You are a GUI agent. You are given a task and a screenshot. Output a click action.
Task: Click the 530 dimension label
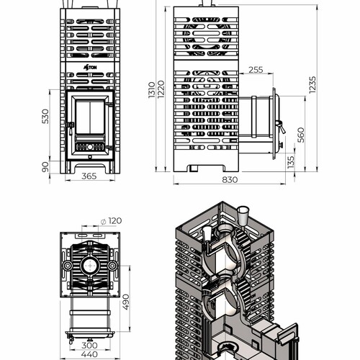point(45,117)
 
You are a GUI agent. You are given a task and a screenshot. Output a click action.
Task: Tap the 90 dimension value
point(45,167)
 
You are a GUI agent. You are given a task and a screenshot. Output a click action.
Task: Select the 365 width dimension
point(89,176)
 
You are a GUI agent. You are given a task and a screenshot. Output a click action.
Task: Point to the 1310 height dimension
point(152,90)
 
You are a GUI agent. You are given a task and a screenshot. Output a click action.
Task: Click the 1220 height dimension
point(161,89)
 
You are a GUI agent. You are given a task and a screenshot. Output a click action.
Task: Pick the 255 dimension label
point(256,70)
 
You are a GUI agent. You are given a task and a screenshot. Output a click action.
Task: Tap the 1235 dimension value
point(312,85)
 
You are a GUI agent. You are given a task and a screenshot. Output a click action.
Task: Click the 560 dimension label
point(301,135)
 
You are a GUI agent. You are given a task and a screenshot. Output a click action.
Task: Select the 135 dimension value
point(291,162)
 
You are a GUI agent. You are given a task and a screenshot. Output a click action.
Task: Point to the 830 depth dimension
point(230,179)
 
